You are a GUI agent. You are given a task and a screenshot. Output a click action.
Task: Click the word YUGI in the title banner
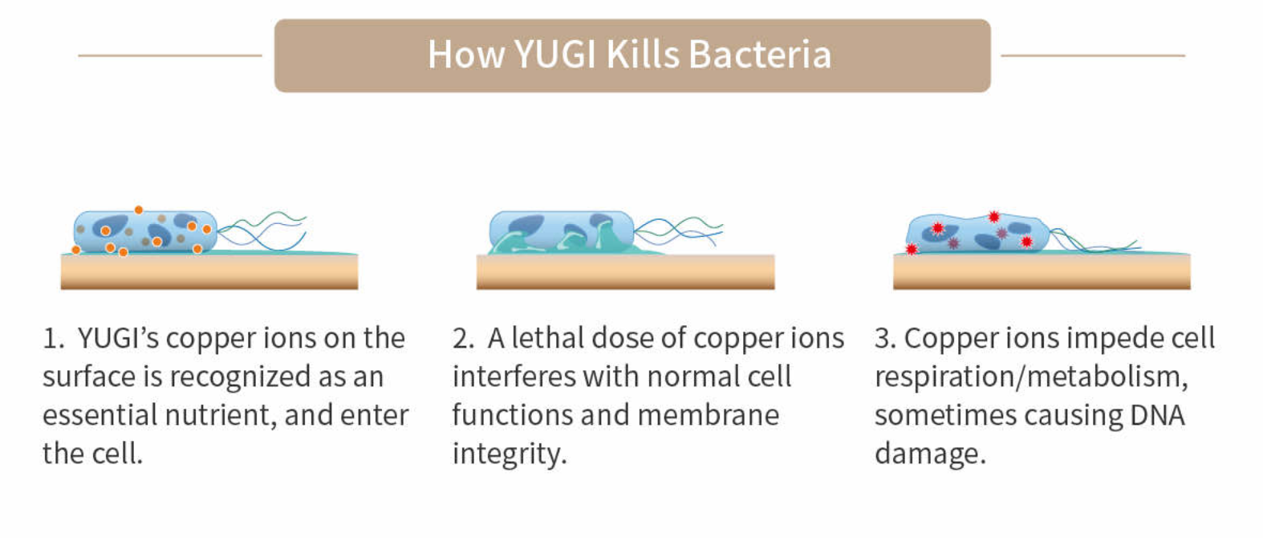tap(554, 55)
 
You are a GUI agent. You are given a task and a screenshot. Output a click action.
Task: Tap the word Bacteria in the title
tap(760, 55)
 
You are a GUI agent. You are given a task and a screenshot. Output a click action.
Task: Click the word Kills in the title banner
tap(643, 54)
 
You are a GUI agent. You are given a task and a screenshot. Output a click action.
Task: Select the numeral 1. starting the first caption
tap(54, 339)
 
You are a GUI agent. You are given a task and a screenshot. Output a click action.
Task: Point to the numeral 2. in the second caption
tap(464, 339)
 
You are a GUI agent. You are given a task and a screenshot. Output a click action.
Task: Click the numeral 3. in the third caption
tap(885, 339)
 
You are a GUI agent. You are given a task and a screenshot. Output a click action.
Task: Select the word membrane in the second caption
tap(709, 415)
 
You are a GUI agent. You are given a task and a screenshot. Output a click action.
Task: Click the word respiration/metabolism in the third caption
tap(1031, 377)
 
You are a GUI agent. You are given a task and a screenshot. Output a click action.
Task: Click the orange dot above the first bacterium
tap(139, 210)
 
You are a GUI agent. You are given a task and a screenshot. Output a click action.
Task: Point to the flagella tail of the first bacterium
tap(262, 230)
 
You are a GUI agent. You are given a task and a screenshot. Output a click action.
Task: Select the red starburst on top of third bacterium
tap(994, 217)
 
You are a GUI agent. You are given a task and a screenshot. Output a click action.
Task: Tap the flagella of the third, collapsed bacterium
tap(1094, 241)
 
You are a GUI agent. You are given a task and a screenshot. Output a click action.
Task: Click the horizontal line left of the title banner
tap(170, 55)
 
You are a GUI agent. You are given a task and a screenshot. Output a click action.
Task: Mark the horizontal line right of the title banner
tap(1093, 55)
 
